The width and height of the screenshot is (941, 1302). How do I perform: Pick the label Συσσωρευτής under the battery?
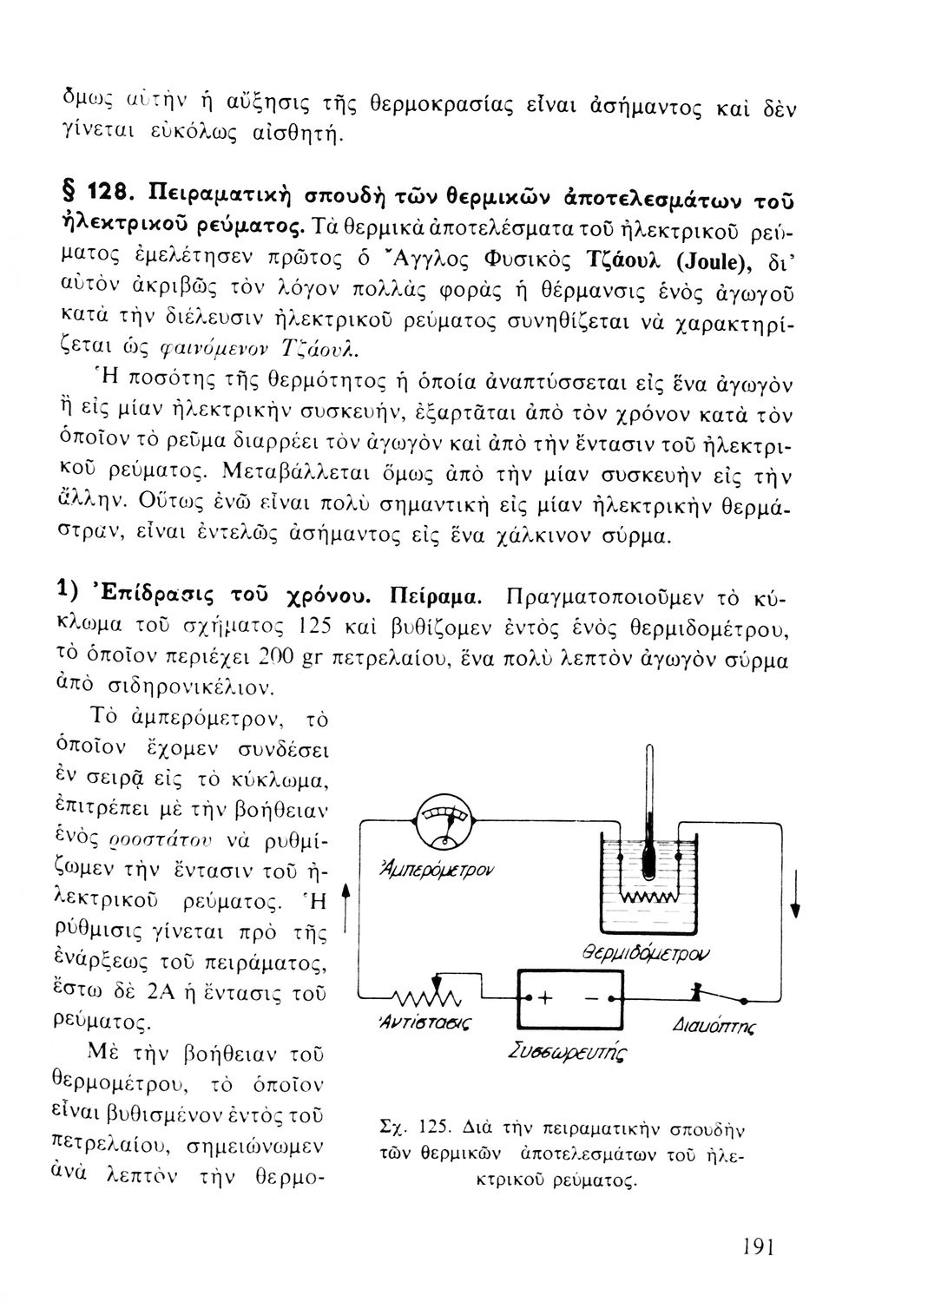point(569,1054)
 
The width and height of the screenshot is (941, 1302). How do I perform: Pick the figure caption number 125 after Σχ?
point(432,1132)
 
